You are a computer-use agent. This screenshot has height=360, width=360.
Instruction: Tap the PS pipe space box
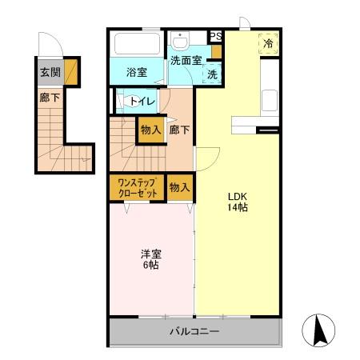214,36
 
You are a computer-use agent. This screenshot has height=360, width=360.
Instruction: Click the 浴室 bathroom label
137,73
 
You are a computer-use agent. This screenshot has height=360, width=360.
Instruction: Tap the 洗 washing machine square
211,74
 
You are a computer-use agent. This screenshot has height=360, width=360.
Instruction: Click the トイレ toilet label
142,101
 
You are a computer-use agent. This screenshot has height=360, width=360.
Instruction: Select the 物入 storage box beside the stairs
150,130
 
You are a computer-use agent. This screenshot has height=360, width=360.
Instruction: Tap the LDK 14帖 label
237,201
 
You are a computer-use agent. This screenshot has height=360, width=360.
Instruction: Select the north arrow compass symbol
318,330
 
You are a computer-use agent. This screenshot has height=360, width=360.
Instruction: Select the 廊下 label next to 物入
179,130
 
